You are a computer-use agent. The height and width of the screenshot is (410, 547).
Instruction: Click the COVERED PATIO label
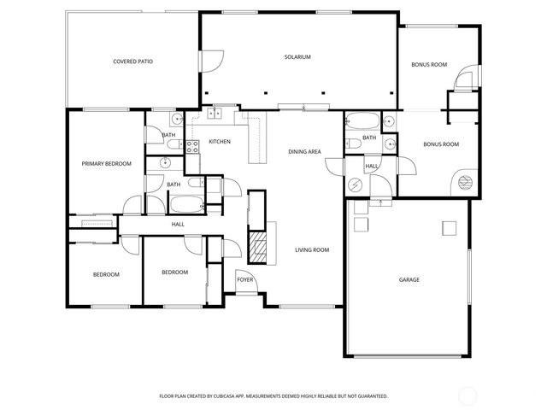tap(133, 61)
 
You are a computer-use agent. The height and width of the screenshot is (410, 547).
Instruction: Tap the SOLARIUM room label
tap(297, 57)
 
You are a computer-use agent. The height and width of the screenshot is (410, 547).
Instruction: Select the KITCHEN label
tap(220, 141)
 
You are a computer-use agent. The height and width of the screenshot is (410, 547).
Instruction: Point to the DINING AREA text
tap(304, 151)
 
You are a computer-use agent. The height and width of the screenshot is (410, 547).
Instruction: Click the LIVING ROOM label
tap(313, 250)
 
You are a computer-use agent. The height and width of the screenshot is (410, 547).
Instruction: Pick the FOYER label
tap(244, 279)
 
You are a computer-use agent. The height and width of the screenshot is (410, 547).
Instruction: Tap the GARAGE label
tap(409, 279)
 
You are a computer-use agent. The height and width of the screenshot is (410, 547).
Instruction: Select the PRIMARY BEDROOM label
tap(107, 163)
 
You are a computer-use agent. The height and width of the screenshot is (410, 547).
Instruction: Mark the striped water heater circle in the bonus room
tap(465, 181)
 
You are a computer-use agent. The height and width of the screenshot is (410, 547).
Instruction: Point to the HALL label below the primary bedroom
tap(178, 224)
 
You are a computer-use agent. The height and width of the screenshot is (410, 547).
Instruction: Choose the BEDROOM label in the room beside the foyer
tap(174, 272)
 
